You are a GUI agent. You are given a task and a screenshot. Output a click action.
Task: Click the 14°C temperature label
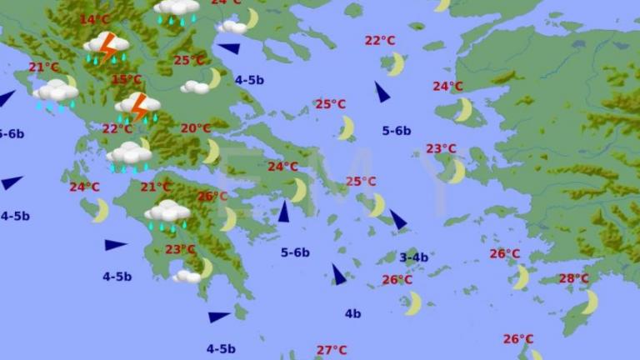tap(94, 20)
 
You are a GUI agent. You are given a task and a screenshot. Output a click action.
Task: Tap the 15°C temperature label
tap(127, 80)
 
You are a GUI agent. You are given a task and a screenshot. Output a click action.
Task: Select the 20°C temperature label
tap(196, 128)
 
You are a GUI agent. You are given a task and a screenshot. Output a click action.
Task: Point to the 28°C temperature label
tap(573, 278)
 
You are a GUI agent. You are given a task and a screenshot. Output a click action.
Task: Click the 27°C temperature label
tap(331, 350)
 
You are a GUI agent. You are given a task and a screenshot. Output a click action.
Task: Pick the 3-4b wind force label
tap(413, 257)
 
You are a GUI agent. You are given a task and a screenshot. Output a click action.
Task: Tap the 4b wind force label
tap(353, 313)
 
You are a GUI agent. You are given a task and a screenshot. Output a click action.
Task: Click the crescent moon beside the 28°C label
tap(590, 302)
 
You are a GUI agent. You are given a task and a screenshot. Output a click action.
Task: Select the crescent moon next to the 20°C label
tap(212, 151)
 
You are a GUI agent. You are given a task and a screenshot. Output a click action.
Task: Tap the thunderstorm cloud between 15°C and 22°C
tap(137, 107)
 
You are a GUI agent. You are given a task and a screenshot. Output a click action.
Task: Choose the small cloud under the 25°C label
tap(195, 87)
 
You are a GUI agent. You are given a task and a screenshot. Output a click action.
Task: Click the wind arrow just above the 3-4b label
tap(398, 220)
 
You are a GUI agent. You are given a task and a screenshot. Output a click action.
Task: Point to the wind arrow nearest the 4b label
tap(337, 274)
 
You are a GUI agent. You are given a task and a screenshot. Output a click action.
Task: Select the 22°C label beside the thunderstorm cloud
tap(117, 128)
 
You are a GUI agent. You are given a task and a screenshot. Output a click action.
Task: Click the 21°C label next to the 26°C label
tap(155, 187)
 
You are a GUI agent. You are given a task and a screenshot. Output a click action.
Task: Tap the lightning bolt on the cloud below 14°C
tap(107, 47)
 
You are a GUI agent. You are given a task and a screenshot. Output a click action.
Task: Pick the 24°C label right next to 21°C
tap(84, 187)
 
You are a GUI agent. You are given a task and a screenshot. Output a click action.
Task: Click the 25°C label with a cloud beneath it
tap(189, 60)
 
